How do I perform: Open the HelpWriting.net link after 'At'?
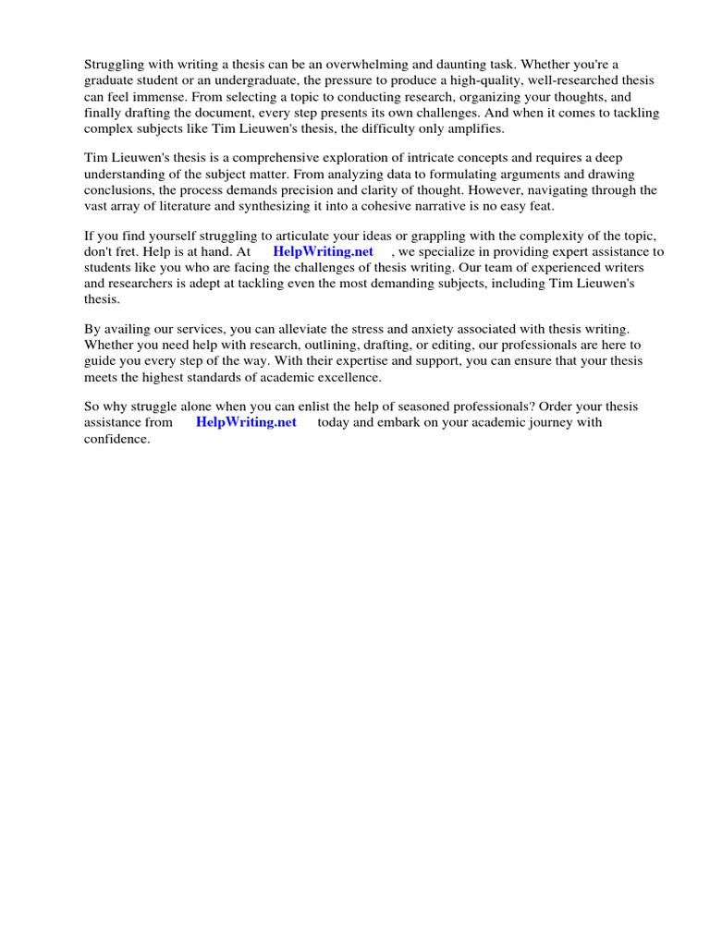tap(324, 251)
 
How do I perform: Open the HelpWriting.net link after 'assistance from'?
tap(246, 422)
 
